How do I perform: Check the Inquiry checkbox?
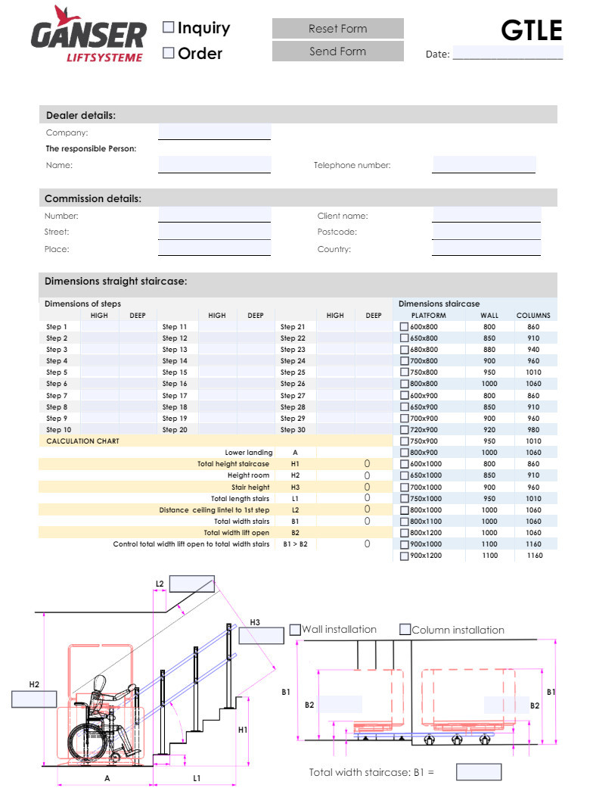[169, 28]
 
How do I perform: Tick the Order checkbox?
[169, 53]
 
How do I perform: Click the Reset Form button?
[337, 29]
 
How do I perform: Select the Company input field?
[214, 132]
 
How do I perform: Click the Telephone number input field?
[484, 164]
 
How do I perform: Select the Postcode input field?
[486, 232]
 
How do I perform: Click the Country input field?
[486, 248]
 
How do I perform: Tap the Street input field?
[214, 232]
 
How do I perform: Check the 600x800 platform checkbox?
[404, 327]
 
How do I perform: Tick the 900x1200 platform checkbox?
[404, 556]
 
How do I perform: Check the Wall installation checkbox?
[296, 630]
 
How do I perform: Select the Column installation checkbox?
[405, 630]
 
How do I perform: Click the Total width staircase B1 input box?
[479, 772]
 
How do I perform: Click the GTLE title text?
[532, 30]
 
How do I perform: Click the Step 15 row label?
[175, 372]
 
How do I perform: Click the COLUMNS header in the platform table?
[533, 316]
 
